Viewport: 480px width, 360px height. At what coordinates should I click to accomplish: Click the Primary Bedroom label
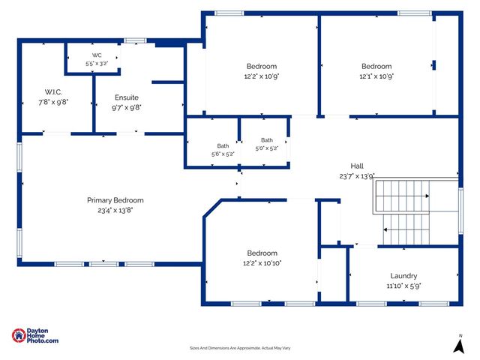point(115,200)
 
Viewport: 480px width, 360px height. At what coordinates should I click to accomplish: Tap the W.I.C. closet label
point(53,91)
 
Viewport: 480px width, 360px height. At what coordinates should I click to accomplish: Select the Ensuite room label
point(127,97)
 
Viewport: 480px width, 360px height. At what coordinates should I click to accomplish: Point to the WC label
point(97,55)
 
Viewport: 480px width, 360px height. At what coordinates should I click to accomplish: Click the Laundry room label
point(403,276)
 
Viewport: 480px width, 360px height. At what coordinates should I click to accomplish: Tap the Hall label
point(357,166)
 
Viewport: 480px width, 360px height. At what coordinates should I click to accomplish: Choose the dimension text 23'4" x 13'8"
point(115,210)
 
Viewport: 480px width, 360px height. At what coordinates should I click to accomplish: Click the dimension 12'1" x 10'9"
point(376,76)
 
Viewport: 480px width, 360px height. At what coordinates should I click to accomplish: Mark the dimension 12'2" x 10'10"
point(262,263)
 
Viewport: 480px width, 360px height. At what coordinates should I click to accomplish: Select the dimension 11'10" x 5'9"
point(403,286)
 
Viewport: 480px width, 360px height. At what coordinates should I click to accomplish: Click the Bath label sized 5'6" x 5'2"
point(223,146)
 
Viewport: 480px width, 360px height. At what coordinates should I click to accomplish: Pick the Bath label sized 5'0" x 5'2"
point(267,140)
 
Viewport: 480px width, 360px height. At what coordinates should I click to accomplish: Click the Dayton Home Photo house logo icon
point(19,335)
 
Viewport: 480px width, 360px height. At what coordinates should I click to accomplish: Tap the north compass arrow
point(459,346)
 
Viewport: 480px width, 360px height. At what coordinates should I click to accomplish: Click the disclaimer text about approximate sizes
point(240,348)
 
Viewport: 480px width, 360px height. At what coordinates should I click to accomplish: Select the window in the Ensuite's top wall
point(135,40)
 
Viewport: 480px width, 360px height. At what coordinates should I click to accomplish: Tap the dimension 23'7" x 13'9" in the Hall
point(357,176)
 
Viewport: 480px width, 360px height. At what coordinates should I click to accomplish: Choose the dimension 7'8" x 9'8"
point(53,102)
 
